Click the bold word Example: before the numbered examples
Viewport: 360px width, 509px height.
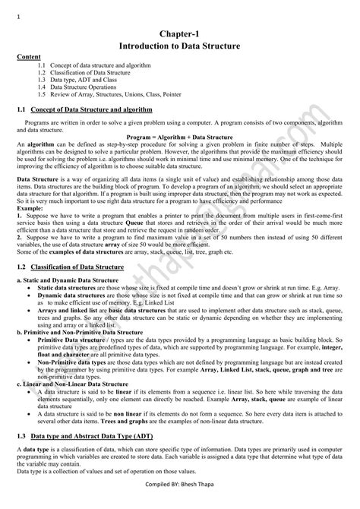coord(30,207)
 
